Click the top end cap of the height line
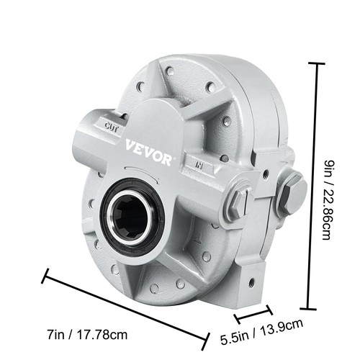point(314,63)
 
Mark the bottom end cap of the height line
point(314,305)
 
